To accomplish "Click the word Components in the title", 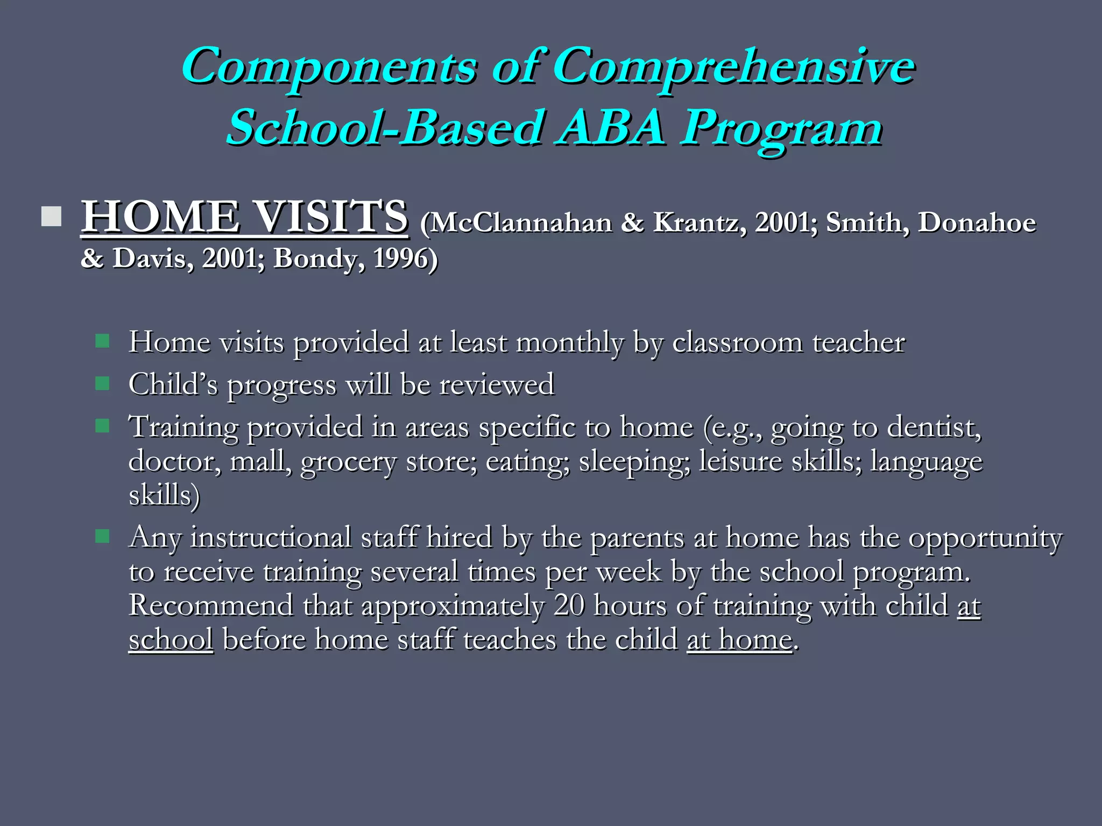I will click(328, 67).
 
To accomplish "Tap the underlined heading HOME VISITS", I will click(244, 217).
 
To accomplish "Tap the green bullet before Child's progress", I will click(102, 384).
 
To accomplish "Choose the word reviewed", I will click(496, 385).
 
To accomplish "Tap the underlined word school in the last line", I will click(171, 640).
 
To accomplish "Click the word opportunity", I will click(985, 538).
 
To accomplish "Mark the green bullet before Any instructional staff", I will click(102, 536).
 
